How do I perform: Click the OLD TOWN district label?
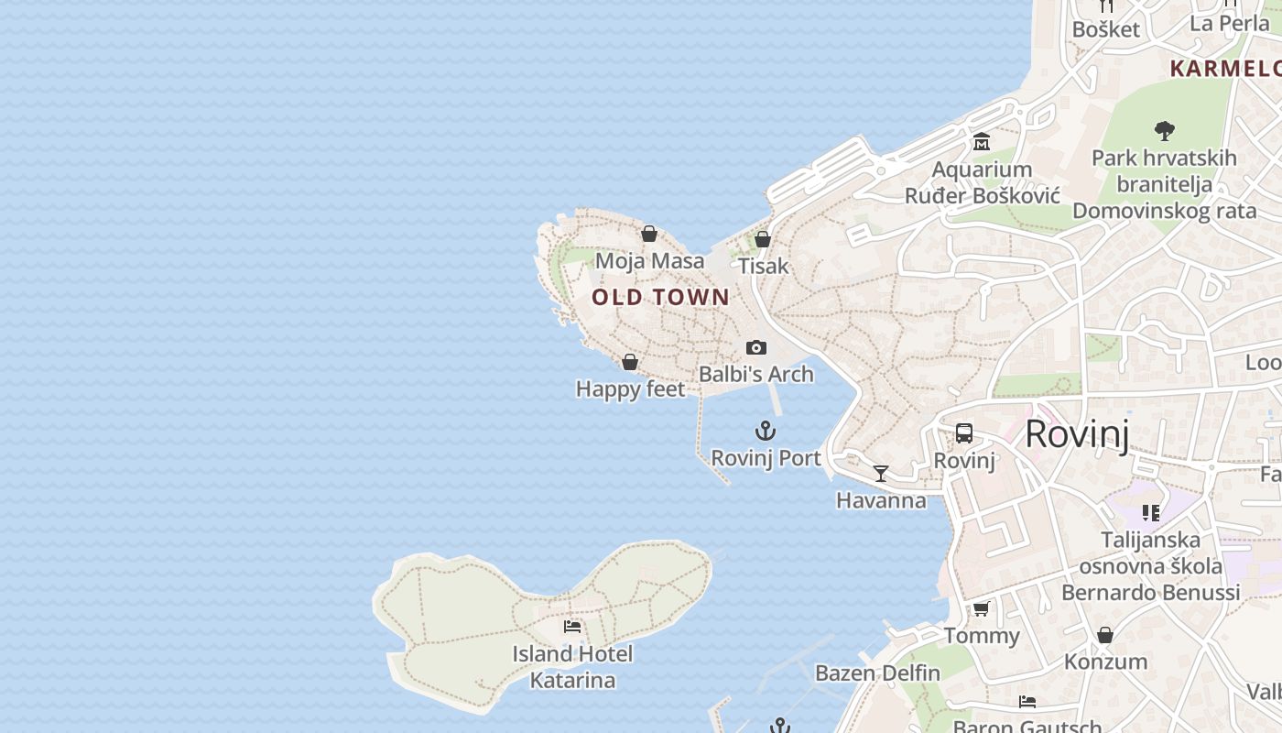[660, 297]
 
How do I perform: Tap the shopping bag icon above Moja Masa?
[649, 235]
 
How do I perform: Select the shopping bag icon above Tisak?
[763, 239]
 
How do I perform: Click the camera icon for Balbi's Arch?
[756, 347]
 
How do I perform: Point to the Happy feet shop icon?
[630, 362]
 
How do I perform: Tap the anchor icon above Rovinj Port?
[766, 431]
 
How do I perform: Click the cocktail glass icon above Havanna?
[881, 474]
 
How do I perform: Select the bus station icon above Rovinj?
[964, 433]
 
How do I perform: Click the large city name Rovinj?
[1077, 433]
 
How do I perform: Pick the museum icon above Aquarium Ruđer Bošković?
[982, 142]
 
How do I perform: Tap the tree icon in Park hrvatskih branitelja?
[1165, 131]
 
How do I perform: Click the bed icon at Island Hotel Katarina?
[572, 627]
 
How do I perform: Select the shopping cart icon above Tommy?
[982, 608]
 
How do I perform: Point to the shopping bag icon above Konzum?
[1105, 635]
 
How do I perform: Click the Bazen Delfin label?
[877, 673]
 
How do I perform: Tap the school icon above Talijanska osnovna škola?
[1151, 513]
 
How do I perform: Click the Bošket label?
[1106, 29]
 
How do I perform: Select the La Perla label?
[1230, 23]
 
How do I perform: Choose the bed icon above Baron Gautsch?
[1027, 702]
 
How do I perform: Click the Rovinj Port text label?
[766, 458]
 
